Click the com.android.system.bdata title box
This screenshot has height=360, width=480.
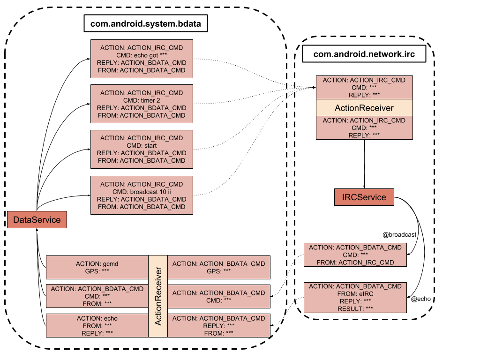pyautogui.click(x=146, y=23)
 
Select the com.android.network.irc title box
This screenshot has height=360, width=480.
pyautogui.click(x=364, y=54)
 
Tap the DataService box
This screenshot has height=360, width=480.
pyautogui.click(x=37, y=219)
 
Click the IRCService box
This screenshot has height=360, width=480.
pyautogui.click(x=364, y=197)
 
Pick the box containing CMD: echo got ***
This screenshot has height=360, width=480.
pyautogui.click(x=142, y=59)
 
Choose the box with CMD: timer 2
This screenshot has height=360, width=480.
pyautogui.click(x=142, y=104)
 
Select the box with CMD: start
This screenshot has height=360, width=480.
pyautogui.click(x=142, y=150)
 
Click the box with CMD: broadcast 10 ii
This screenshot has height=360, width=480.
pyautogui.click(x=142, y=195)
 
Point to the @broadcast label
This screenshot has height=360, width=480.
pyautogui.click(x=399, y=235)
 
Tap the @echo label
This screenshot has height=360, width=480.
pyautogui.click(x=420, y=299)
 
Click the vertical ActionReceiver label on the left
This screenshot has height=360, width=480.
pyautogui.click(x=158, y=296)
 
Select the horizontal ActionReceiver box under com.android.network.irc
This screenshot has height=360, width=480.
pyautogui.click(x=364, y=108)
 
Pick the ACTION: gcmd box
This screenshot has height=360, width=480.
pyautogui.click(x=97, y=267)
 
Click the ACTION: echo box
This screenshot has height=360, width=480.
pyautogui.click(x=97, y=326)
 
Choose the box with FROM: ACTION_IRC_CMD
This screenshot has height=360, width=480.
pyautogui.click(x=355, y=255)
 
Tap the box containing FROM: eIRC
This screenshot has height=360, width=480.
pyautogui.click(x=355, y=298)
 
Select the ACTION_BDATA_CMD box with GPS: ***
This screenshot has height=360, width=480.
pyautogui.click(x=219, y=267)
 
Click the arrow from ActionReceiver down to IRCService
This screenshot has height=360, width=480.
pyautogui.click(x=364, y=164)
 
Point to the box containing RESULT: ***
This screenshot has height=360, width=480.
pyautogui.click(x=355, y=298)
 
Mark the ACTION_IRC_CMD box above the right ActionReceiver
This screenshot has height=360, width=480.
pyautogui.click(x=364, y=88)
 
